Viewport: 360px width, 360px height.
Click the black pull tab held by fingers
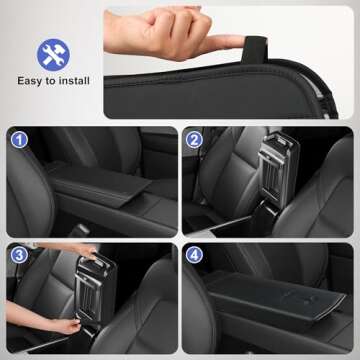coord(256,42)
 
